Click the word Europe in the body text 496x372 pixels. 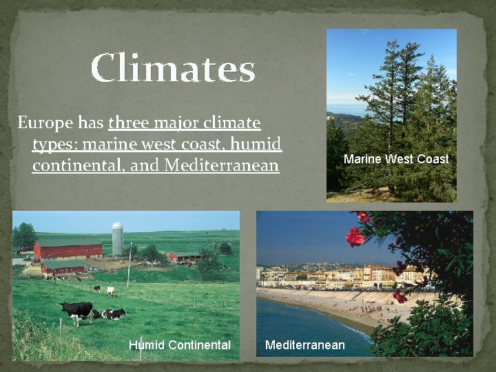(x=45, y=123)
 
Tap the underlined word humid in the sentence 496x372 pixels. (x=256, y=145)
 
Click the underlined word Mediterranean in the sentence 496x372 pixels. (x=223, y=166)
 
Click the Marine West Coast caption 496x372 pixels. (x=395, y=159)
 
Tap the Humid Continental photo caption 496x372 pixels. (x=179, y=344)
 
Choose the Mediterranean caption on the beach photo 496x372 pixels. (x=305, y=344)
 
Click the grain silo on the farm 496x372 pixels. (x=117, y=239)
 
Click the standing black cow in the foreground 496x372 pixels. (x=76, y=309)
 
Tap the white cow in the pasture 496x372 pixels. (x=110, y=291)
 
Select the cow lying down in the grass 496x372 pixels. (x=114, y=314)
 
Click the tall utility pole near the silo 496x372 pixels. (x=129, y=265)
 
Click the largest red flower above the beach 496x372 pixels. (x=355, y=236)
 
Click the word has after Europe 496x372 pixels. (x=92, y=123)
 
